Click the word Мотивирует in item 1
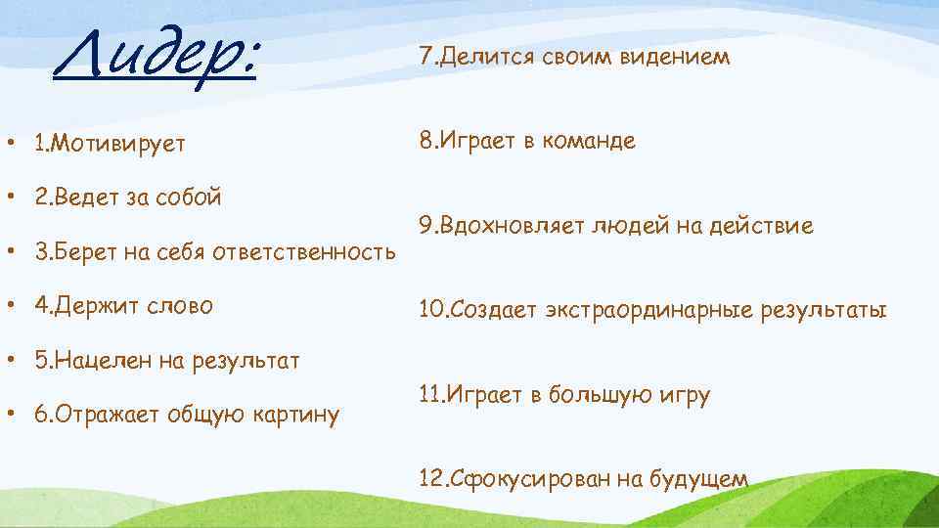[x=119, y=145]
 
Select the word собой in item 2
[x=187, y=198]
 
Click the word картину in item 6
[x=297, y=416]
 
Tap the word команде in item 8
[x=588, y=141]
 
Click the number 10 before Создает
[x=429, y=311]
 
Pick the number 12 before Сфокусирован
[x=429, y=479]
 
